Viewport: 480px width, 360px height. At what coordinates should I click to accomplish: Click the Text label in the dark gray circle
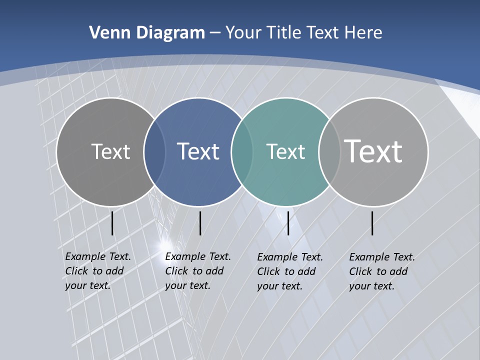(110, 151)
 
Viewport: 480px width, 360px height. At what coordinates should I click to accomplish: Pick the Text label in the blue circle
(198, 151)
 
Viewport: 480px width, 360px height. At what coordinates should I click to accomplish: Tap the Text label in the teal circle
(285, 151)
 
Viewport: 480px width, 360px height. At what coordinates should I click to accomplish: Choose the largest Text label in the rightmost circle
(373, 151)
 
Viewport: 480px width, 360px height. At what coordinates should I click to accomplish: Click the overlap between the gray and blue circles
(154, 151)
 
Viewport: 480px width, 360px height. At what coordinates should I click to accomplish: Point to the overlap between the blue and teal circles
(242, 151)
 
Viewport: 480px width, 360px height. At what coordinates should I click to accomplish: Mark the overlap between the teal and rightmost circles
(329, 151)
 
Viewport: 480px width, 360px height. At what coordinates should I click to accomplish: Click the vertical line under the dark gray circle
(112, 223)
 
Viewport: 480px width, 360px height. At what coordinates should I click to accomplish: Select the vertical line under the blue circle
(200, 223)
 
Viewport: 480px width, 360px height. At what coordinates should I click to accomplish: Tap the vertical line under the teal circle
(288, 223)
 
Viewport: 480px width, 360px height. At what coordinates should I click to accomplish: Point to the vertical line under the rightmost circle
(372, 223)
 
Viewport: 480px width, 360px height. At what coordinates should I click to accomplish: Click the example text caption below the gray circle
(97, 271)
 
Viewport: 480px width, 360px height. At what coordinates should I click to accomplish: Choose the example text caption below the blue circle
(197, 271)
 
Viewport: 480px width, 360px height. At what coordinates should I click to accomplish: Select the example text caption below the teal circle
(289, 271)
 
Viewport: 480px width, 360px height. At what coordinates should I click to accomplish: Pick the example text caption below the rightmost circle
(381, 271)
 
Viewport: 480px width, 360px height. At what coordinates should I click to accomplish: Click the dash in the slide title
(215, 33)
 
